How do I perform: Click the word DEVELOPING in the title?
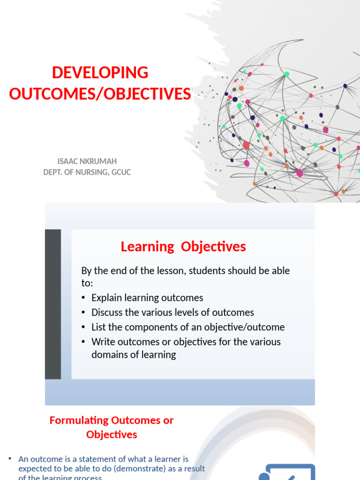(x=100, y=73)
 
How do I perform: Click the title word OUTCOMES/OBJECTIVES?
(x=100, y=94)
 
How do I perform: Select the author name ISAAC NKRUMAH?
(x=87, y=161)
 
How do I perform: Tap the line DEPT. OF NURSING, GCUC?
(x=87, y=172)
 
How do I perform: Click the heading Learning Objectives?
(x=183, y=247)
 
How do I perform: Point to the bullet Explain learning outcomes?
(x=147, y=298)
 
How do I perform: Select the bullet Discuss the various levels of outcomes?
(x=172, y=312)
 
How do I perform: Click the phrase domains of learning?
(x=134, y=354)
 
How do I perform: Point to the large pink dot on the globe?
(x=299, y=173)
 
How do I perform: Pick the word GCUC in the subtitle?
(x=121, y=172)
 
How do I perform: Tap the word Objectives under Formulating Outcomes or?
(x=112, y=435)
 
